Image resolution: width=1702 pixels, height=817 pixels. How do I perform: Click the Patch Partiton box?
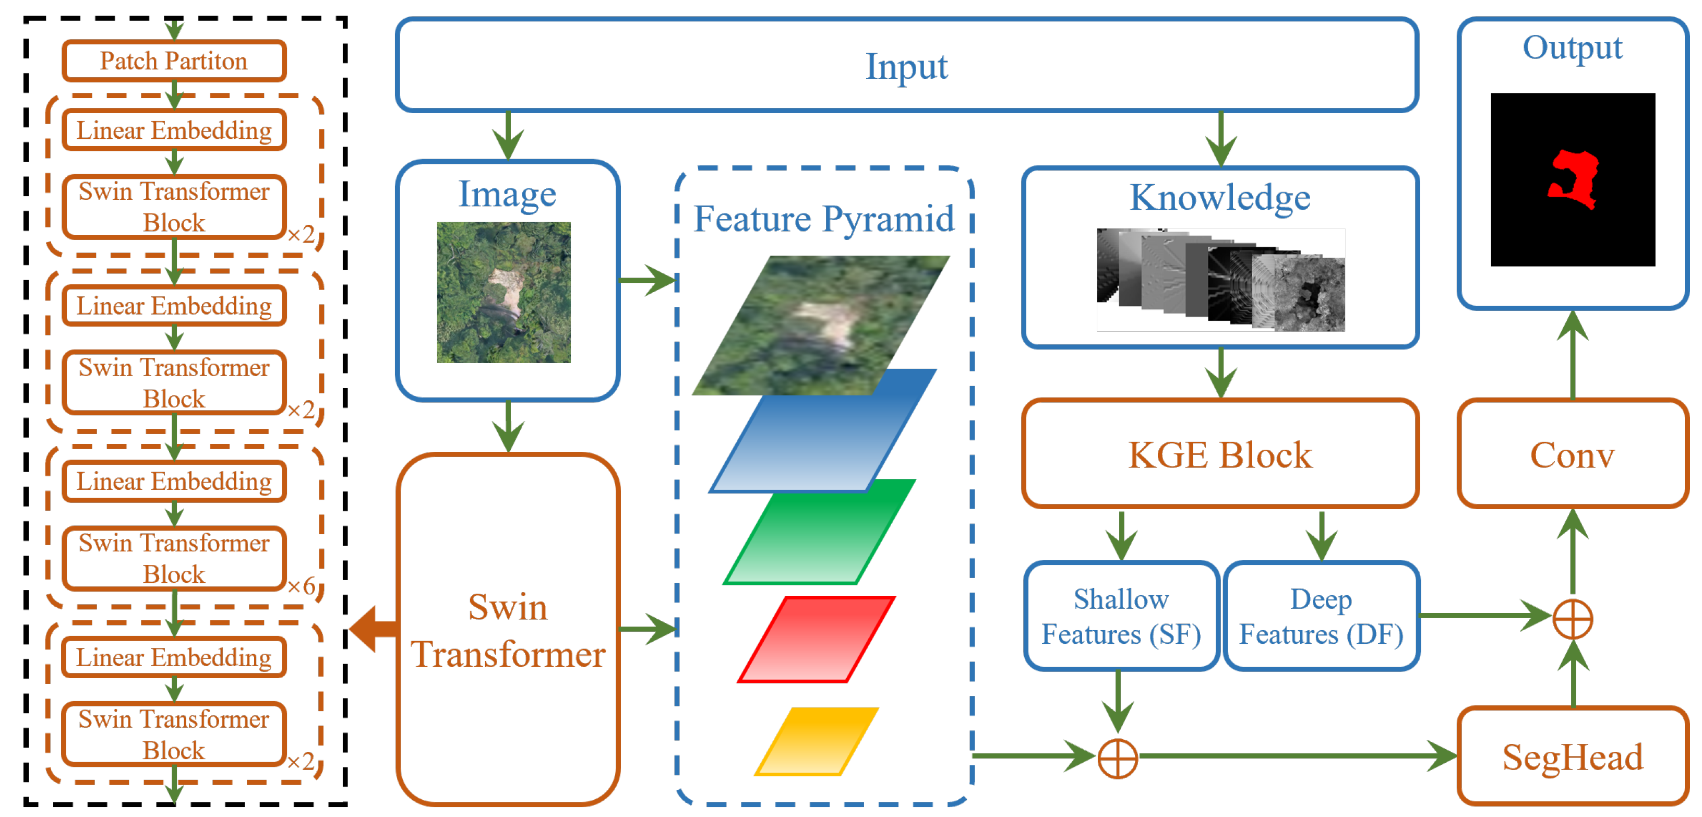click(x=174, y=61)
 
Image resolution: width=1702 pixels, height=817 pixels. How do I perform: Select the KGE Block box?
click(x=1220, y=454)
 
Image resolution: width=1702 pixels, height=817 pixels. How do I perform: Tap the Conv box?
click(x=1572, y=454)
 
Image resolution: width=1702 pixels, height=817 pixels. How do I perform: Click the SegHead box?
click(x=1572, y=756)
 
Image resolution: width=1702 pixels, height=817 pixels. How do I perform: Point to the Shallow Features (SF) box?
click(x=1121, y=616)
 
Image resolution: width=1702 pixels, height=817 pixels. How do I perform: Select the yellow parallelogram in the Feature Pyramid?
click(x=817, y=740)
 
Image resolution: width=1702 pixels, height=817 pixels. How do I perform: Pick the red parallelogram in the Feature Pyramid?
click(x=817, y=639)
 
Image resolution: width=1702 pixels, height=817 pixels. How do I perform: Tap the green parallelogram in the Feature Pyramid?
click(x=819, y=532)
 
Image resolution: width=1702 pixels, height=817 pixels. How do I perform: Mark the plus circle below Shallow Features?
click(x=1117, y=758)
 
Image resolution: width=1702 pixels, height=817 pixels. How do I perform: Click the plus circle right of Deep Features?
click(x=1573, y=619)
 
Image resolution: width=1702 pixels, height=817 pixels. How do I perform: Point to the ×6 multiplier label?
click(x=301, y=586)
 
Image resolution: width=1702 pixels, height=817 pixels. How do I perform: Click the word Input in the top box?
click(x=906, y=66)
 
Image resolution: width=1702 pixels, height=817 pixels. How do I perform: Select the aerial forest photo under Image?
click(x=504, y=292)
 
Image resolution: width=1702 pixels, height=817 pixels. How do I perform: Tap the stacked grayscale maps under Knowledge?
click(x=1220, y=280)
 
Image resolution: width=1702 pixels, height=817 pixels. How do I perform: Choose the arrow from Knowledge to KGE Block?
click(x=1220, y=373)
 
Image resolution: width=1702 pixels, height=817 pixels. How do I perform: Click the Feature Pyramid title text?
click(x=823, y=218)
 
